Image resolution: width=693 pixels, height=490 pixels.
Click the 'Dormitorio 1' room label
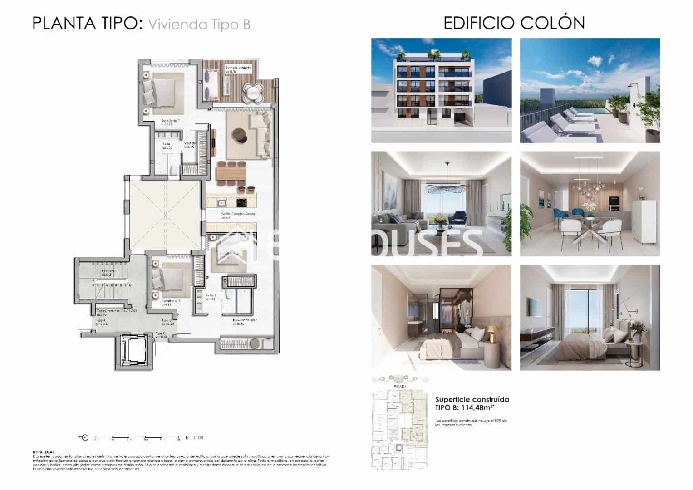(x=171, y=121)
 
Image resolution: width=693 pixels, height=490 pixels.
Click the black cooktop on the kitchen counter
(x=242, y=203)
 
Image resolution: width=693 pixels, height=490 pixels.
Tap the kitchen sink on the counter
(x=221, y=203)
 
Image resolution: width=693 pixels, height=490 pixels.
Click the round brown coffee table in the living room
(x=239, y=135)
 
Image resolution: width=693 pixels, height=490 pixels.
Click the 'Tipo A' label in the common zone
(x=101, y=320)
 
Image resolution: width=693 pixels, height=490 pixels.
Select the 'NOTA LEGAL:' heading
(x=44, y=452)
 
